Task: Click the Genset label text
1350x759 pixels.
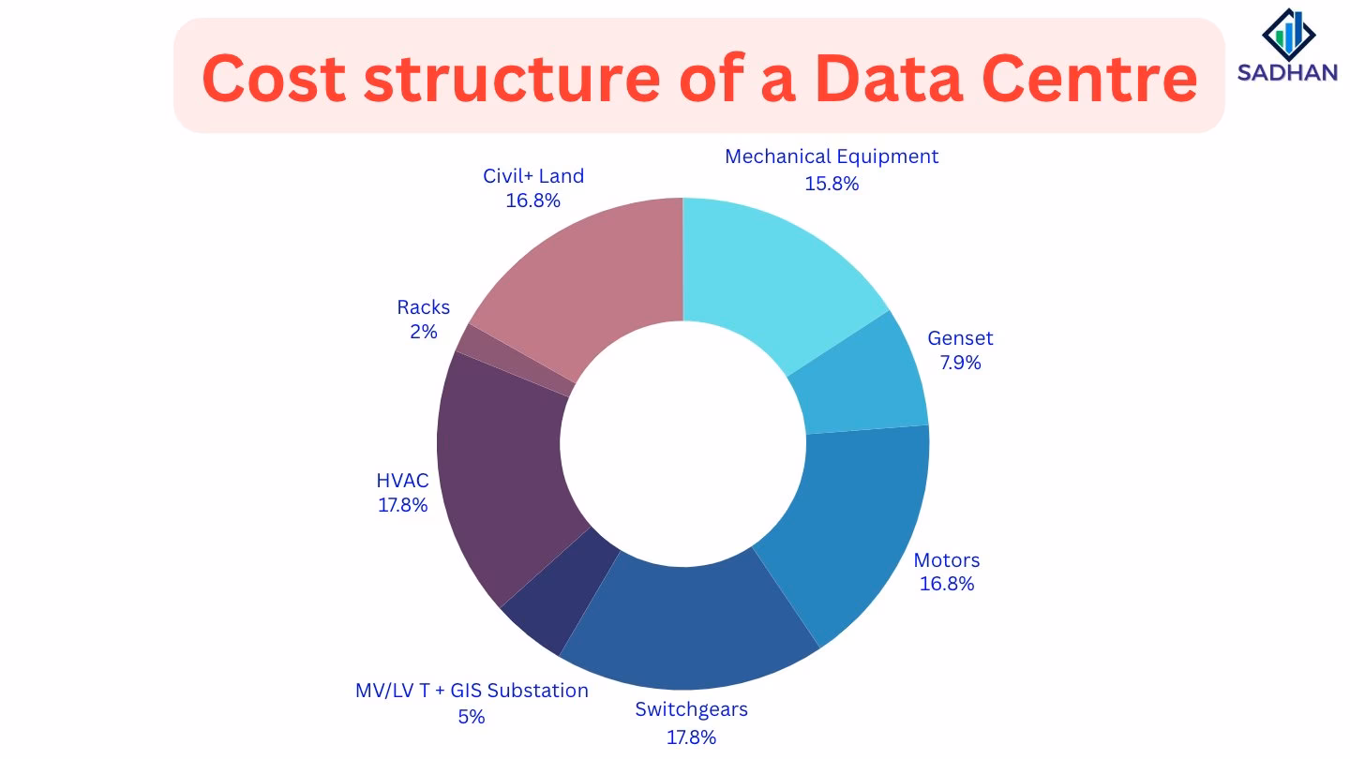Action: [960, 338]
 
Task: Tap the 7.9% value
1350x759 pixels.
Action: [960, 363]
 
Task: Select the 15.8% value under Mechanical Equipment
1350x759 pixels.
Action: [832, 184]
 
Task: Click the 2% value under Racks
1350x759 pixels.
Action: [423, 332]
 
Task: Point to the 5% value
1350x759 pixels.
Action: [472, 717]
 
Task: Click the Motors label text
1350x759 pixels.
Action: [947, 560]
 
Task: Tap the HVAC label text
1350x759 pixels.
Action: [402, 481]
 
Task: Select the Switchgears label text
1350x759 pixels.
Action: [691, 709]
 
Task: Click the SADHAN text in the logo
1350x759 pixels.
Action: [1288, 72]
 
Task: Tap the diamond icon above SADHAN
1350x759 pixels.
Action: [1289, 33]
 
